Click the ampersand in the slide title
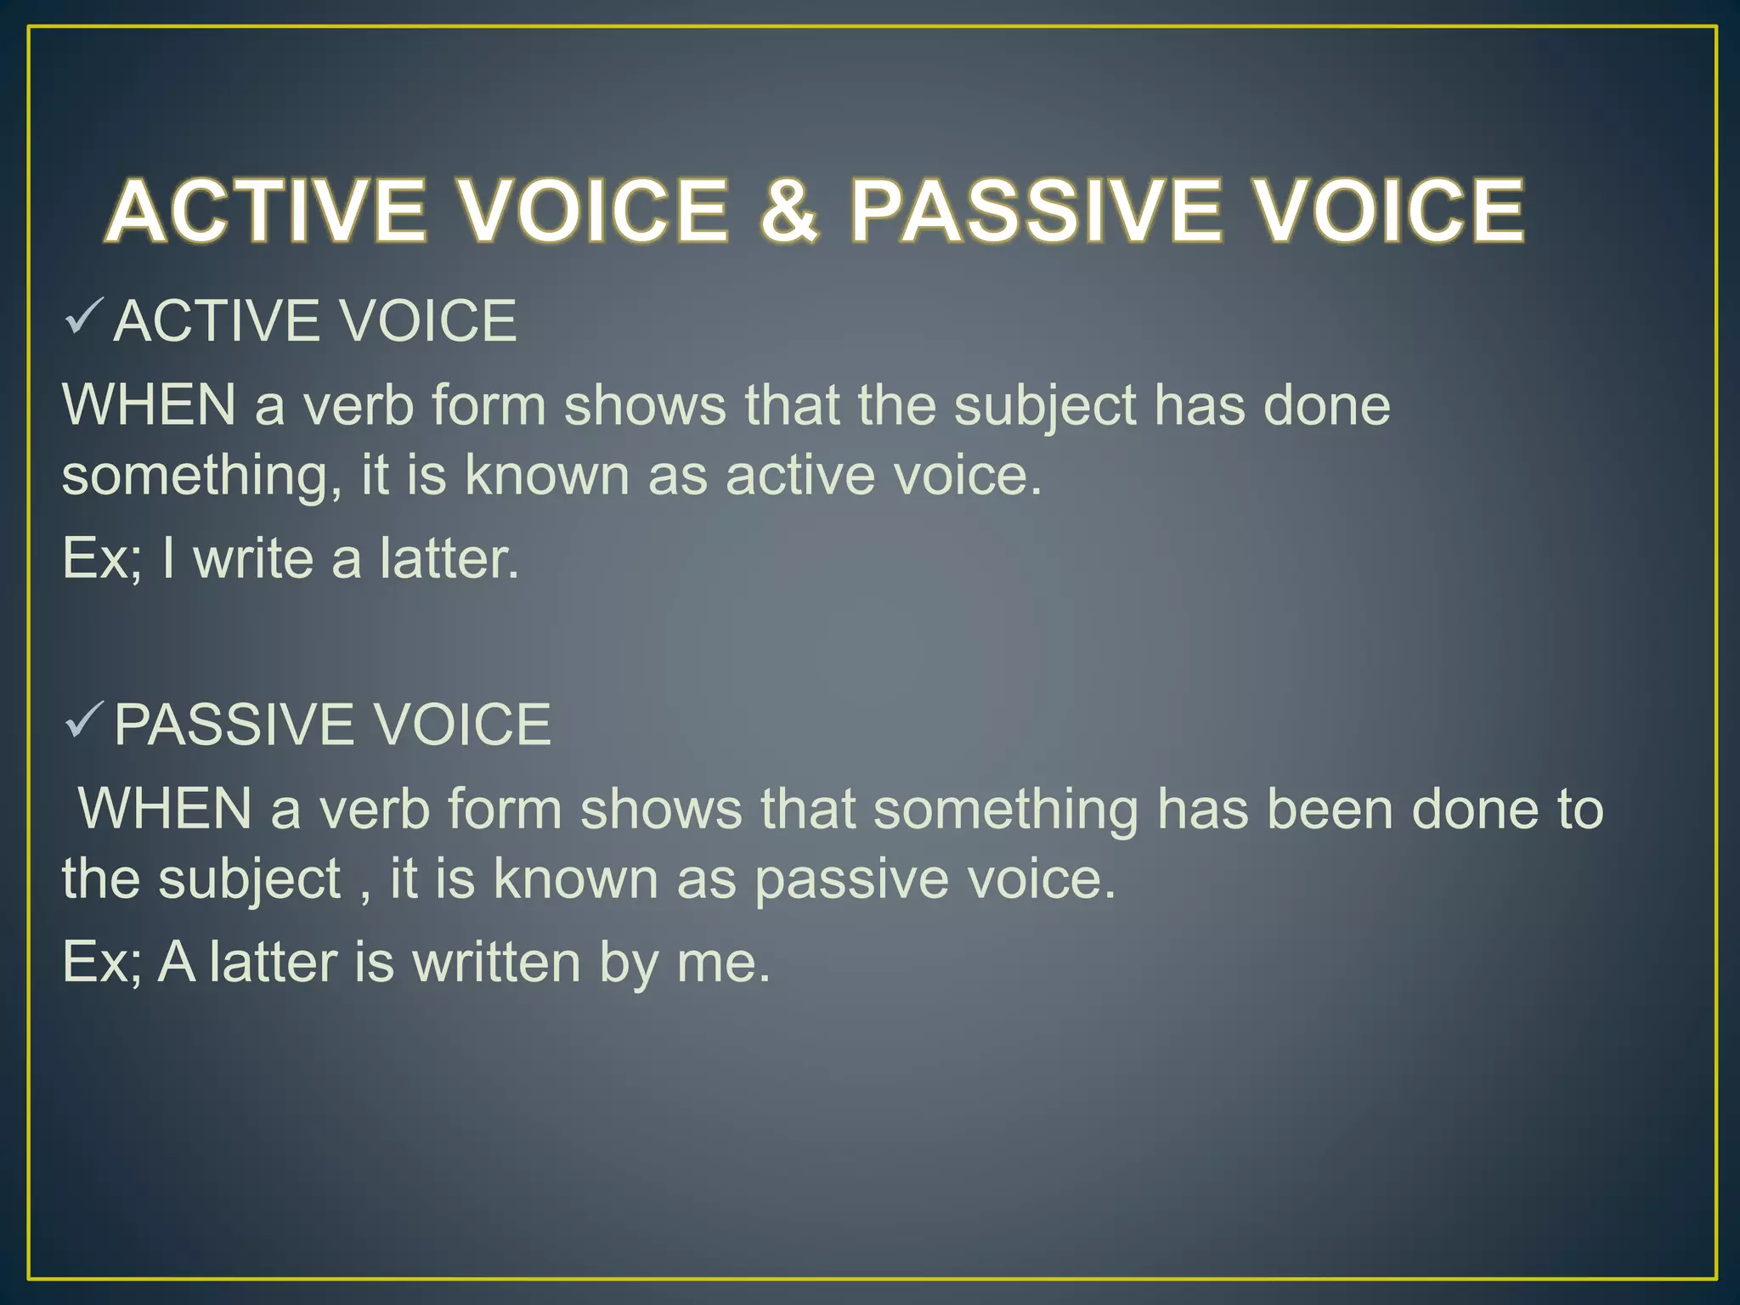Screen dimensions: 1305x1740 point(789,210)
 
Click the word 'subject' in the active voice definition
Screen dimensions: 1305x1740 point(1044,405)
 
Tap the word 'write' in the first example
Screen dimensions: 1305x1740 point(252,559)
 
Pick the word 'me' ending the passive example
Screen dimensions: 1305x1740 point(722,963)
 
